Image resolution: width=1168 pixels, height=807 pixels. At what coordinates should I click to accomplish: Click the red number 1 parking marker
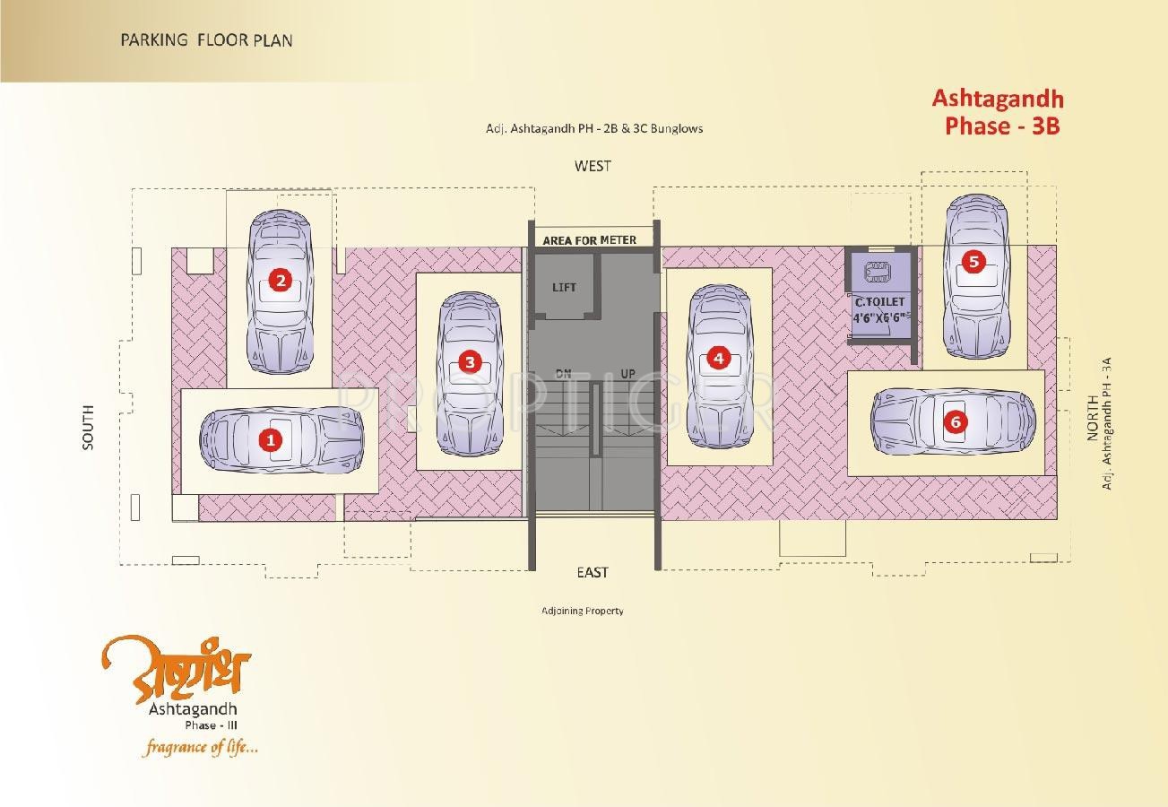(268, 439)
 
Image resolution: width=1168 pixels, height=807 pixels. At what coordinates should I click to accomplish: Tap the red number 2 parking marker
(281, 281)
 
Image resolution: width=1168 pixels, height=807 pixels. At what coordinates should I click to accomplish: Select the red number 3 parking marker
(469, 362)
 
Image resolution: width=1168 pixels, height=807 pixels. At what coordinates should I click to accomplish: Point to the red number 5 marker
(973, 262)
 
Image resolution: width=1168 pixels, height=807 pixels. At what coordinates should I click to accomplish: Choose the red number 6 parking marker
(956, 421)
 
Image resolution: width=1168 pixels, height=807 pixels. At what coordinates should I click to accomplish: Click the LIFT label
(564, 287)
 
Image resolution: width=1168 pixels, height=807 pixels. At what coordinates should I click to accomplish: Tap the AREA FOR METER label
(589, 240)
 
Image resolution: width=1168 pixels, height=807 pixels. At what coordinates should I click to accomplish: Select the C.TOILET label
(879, 302)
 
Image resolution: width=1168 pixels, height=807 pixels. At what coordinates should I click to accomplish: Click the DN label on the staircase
(563, 373)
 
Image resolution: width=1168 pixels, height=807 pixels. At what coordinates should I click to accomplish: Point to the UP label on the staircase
(627, 373)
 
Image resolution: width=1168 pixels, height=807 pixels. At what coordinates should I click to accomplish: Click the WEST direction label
(593, 166)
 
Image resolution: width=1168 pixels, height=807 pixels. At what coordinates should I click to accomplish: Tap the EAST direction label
(593, 572)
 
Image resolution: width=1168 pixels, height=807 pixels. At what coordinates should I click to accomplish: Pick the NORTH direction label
(1092, 418)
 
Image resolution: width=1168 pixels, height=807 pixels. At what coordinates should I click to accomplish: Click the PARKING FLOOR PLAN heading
(206, 40)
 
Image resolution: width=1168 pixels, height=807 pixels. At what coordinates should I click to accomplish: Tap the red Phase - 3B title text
(1001, 126)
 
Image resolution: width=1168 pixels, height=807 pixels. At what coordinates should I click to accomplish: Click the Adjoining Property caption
(582, 611)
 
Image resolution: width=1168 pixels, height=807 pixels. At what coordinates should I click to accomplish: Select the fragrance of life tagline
(199, 746)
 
